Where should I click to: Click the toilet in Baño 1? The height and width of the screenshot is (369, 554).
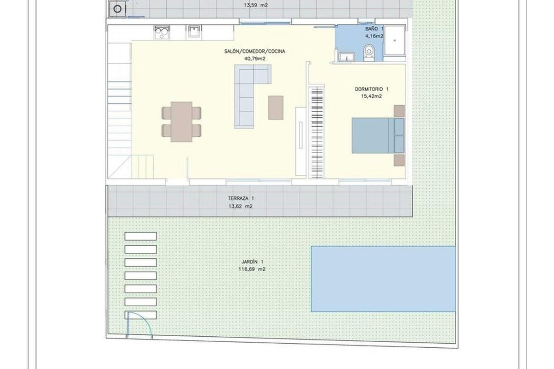pyautogui.click(x=369, y=53)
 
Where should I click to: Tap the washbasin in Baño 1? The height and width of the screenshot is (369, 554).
pyautogui.click(x=347, y=57)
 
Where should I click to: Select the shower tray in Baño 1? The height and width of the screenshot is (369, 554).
pyautogui.click(x=395, y=41)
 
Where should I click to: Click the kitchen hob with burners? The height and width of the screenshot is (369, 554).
pyautogui.click(x=162, y=32)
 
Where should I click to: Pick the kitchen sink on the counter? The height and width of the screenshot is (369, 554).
pyautogui.click(x=193, y=32)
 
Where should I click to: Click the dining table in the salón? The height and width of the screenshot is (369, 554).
pyautogui.click(x=181, y=122)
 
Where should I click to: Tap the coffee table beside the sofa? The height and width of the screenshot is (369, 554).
pyautogui.click(x=276, y=108)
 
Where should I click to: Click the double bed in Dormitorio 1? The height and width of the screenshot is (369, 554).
pyautogui.click(x=378, y=136)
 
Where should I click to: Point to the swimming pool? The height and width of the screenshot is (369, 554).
pyautogui.click(x=383, y=279)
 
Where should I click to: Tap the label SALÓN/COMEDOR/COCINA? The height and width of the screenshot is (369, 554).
pyautogui.click(x=255, y=51)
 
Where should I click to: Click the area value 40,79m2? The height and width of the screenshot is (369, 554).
pyautogui.click(x=255, y=59)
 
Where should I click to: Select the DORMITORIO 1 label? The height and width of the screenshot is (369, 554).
pyautogui.click(x=372, y=89)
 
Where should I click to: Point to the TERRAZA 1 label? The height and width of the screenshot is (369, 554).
pyautogui.click(x=241, y=198)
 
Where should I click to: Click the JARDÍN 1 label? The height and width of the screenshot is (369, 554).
pyautogui.click(x=252, y=262)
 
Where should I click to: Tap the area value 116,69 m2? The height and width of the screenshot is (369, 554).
pyautogui.click(x=252, y=269)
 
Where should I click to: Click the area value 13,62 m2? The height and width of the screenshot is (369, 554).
pyautogui.click(x=241, y=206)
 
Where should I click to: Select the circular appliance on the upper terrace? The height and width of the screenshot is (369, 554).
pyautogui.click(x=117, y=9)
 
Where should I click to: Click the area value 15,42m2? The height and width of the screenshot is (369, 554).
pyautogui.click(x=372, y=96)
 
